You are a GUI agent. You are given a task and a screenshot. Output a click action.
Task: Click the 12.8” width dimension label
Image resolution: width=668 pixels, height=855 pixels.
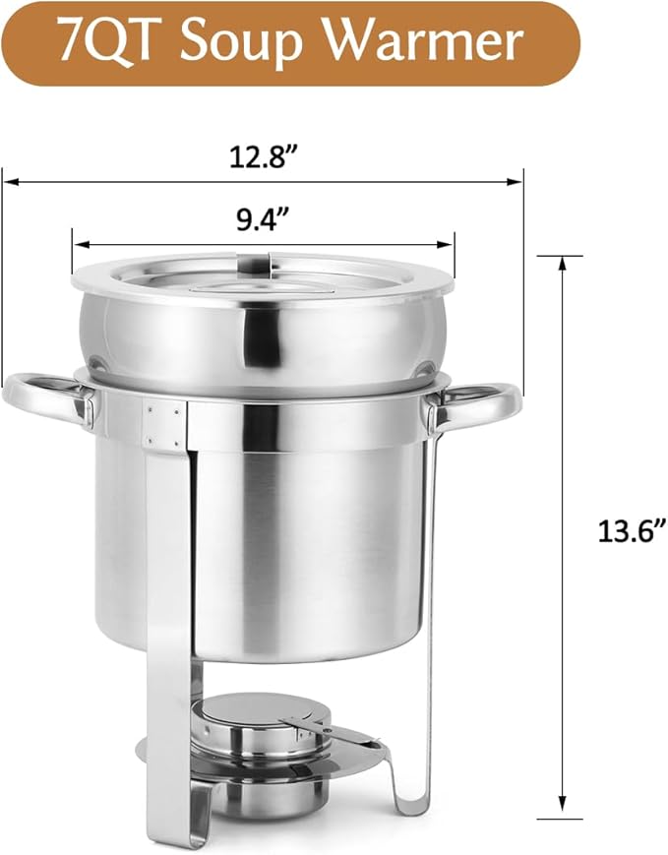(x=262, y=157)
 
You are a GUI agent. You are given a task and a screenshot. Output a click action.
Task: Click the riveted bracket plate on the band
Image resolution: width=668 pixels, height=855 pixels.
(x=162, y=422)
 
